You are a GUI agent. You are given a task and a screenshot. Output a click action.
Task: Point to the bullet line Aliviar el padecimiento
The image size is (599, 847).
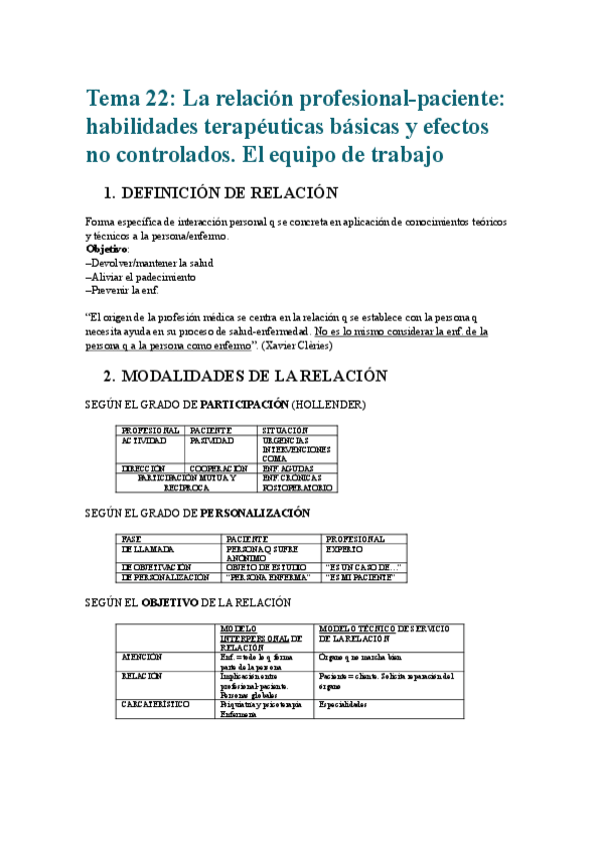[141, 276]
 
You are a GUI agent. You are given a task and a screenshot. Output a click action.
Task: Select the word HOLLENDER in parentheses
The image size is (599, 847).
[335, 405]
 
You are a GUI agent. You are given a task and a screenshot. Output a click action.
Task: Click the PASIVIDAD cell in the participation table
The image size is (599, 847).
[212, 439]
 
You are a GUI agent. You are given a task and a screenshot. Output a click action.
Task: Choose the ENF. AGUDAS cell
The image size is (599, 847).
[291, 467]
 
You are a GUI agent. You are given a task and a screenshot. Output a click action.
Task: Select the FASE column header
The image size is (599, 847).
[131, 539]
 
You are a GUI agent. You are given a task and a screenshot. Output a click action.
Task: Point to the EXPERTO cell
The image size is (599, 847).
[345, 549]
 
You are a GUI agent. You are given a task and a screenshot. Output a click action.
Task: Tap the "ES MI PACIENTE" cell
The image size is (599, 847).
[363, 577]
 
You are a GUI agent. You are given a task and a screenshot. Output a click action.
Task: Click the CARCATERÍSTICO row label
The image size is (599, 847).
[159, 704]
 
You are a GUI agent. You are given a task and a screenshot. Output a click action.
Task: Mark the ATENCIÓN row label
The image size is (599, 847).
[143, 657]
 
